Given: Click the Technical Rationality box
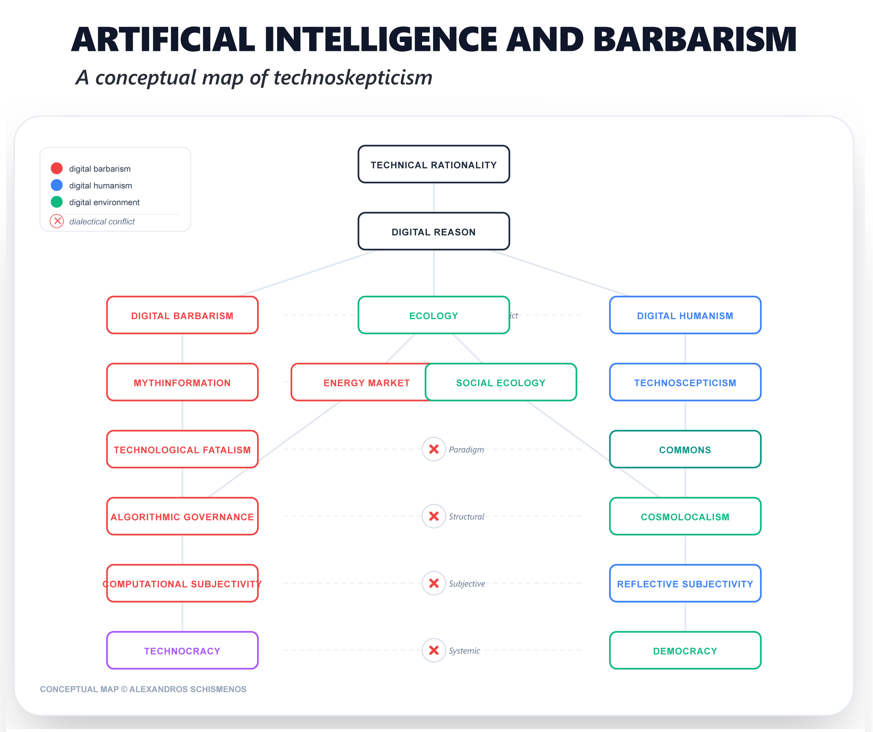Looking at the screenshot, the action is click(434, 164).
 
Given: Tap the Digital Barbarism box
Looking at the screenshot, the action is click(182, 315).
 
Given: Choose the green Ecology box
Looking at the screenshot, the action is click(434, 315).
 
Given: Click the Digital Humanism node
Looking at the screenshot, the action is click(685, 315).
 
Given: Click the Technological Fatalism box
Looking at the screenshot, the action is click(182, 449).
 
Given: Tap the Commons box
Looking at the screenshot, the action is click(685, 449).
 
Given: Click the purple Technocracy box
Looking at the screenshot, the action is click(182, 650).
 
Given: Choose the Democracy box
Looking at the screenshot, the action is click(685, 650).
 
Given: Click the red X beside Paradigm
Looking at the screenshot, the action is click(434, 449).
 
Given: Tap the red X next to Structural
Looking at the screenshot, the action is click(434, 516).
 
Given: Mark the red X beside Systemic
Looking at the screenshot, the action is click(434, 650).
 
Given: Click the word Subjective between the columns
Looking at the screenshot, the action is click(466, 583).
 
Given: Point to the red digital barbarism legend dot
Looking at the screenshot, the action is click(56, 168).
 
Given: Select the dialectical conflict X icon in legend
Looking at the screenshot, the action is click(56, 221).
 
